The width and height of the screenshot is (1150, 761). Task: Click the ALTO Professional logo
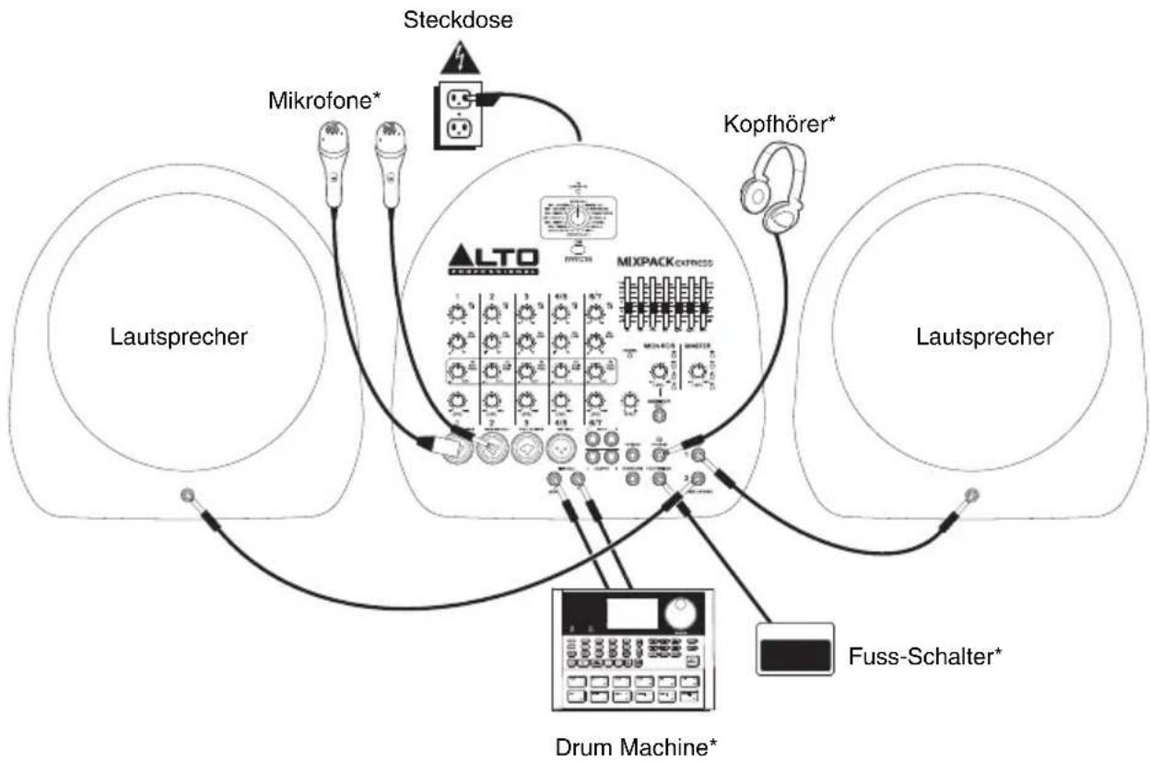(x=494, y=260)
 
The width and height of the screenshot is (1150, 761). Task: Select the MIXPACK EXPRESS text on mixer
(x=663, y=262)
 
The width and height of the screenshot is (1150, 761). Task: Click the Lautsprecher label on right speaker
(x=983, y=337)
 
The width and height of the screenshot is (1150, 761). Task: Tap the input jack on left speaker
(x=188, y=495)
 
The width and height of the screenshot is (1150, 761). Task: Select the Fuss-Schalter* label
(x=924, y=657)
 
